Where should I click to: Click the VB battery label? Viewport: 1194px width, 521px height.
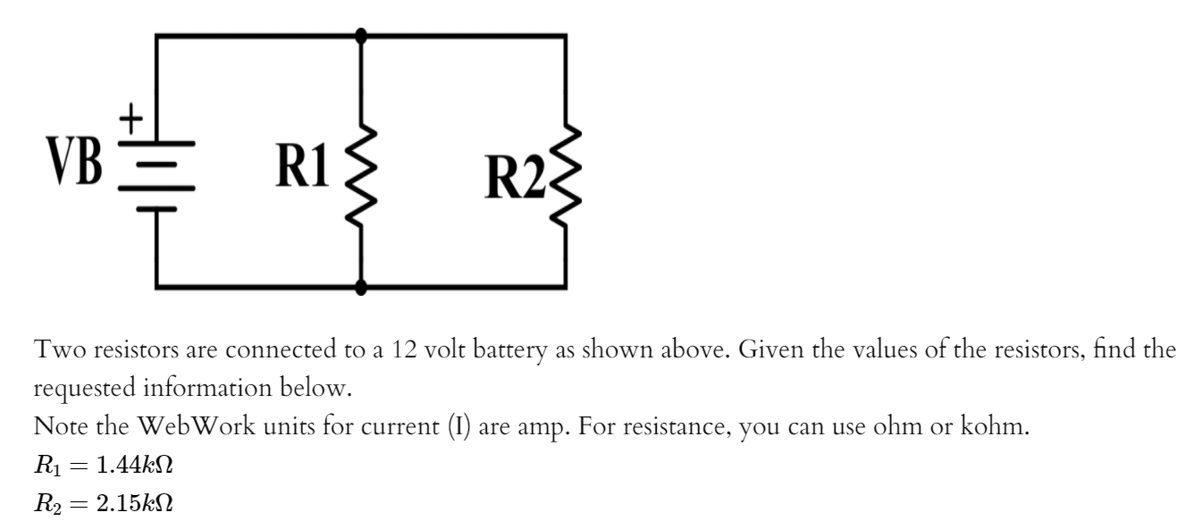coord(79,161)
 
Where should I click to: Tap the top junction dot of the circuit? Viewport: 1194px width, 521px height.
coord(361,36)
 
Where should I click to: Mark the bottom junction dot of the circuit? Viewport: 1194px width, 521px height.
coord(361,288)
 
